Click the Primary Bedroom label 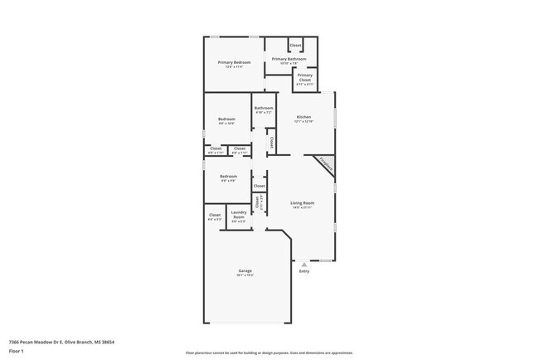(235, 63)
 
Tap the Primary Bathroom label (289, 59)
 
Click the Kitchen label (304, 117)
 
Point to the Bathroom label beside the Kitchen (264, 108)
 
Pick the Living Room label (302, 202)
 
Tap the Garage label (245, 270)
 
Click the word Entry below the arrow (303, 271)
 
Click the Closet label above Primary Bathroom (295, 45)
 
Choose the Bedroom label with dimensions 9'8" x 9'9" (229, 176)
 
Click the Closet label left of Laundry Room (215, 215)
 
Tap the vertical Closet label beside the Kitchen (271, 143)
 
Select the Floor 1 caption (17, 351)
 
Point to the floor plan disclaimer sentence (268, 352)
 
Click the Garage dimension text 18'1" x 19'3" (245, 275)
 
